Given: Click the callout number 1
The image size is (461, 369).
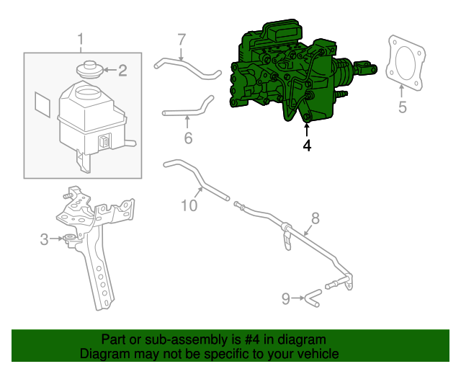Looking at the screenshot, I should (81, 39).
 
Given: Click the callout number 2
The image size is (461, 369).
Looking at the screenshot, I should (122, 70).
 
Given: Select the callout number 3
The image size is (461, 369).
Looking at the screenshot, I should (44, 239).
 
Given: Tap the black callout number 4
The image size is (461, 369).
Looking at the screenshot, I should (308, 145).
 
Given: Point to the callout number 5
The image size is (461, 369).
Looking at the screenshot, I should (403, 107).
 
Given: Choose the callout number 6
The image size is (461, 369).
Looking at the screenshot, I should (188, 136).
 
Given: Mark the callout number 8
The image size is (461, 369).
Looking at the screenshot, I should (315, 218).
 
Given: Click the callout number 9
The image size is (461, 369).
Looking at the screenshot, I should (285, 297).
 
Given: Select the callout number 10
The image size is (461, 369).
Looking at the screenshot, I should (189, 206).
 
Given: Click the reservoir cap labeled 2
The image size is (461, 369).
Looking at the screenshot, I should (90, 70).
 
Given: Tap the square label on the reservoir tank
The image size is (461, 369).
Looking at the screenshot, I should (42, 104).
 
